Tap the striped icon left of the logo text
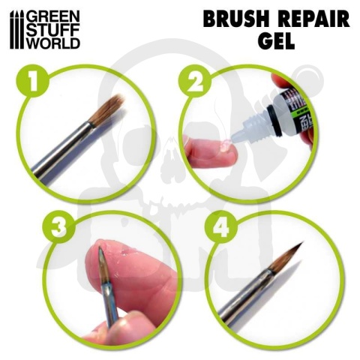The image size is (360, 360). tap(17, 29)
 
